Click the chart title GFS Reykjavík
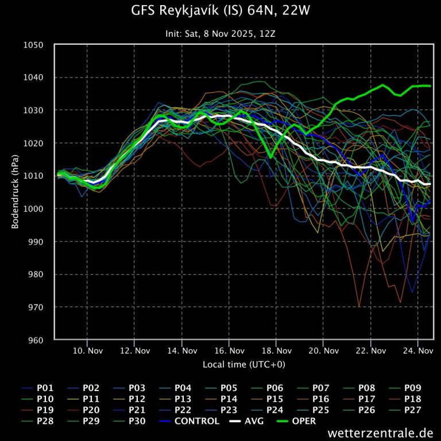(x=220, y=11)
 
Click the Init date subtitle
(x=220, y=33)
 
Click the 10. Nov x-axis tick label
(x=87, y=350)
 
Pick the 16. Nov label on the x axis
(x=229, y=350)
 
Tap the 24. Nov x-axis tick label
(x=417, y=350)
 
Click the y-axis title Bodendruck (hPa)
(x=15, y=192)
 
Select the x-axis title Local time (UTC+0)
(x=243, y=365)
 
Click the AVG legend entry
(x=250, y=421)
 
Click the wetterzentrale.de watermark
(x=380, y=432)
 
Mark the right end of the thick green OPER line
(x=431, y=86)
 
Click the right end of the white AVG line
(x=431, y=184)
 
